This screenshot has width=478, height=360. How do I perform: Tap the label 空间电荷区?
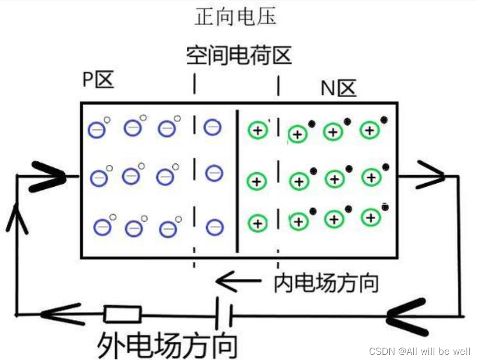[x=238, y=55]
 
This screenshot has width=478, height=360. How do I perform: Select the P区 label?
[x=98, y=80]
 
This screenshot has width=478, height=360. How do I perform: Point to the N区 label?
[x=338, y=89]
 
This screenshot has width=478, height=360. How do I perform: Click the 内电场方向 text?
[x=326, y=283]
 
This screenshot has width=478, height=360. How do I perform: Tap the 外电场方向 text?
[x=168, y=344]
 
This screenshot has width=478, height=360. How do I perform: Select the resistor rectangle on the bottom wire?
[x=122, y=314]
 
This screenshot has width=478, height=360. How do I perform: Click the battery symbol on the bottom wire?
[x=224, y=314]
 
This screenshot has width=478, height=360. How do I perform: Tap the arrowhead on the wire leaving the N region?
[x=432, y=176]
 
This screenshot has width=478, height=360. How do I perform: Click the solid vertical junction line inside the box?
[x=237, y=180]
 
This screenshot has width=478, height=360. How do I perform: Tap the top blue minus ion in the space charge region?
[x=212, y=127]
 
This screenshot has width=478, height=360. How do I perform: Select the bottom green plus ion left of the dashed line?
[x=257, y=223]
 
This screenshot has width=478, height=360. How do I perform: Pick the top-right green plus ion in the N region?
[x=370, y=130]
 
